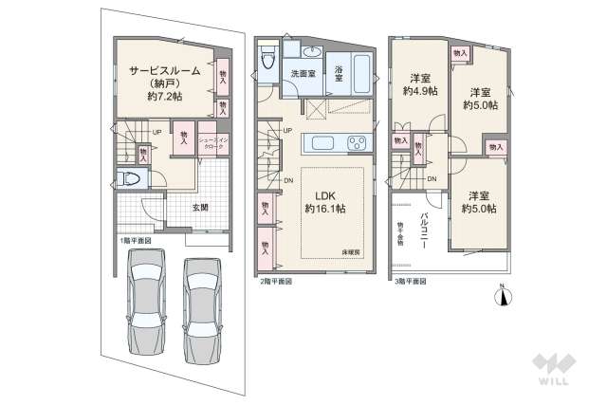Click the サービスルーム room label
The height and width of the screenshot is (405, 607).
tap(158, 70)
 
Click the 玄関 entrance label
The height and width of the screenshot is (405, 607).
tap(201, 207)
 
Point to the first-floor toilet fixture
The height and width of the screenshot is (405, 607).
tap(133, 178)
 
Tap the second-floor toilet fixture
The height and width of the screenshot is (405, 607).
tap(267, 58)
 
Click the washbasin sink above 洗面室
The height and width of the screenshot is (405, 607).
tap(312, 52)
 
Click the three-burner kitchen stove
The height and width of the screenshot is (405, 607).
tap(357, 144)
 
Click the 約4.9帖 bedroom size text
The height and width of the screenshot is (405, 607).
tap(419, 91)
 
